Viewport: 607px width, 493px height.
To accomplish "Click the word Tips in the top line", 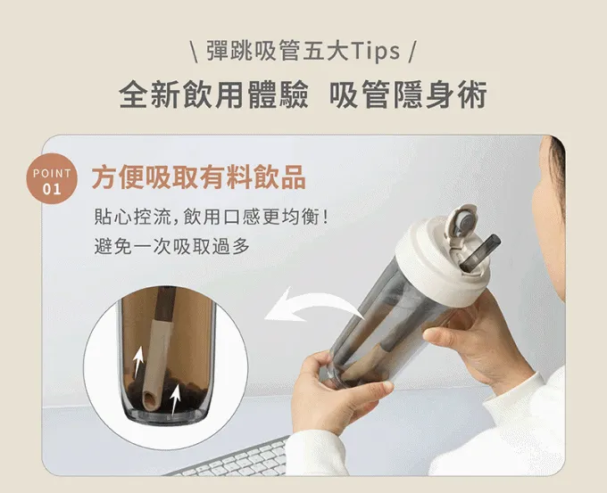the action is click(x=375, y=51).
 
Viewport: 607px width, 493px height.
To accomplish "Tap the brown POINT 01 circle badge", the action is click(x=52, y=179).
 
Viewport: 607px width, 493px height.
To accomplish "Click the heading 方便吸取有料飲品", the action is click(x=198, y=177).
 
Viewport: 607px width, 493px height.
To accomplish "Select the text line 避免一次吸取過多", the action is click(x=172, y=246).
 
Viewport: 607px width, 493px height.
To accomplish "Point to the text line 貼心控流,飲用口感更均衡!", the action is click(x=212, y=217).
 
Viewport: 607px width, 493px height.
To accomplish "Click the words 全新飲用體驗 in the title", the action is click(x=213, y=94).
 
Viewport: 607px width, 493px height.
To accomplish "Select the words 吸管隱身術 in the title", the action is click(x=408, y=94).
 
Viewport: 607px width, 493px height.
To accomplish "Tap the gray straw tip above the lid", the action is click(x=480, y=252).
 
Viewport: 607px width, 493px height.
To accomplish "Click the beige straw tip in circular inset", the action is click(x=151, y=400).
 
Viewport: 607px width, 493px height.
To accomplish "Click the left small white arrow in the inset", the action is click(x=137, y=362).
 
